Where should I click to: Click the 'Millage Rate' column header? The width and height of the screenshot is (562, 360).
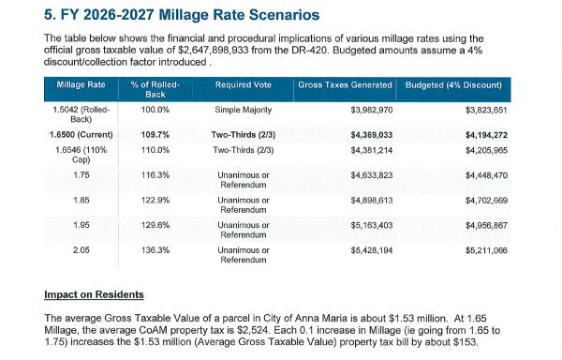[x=81, y=85]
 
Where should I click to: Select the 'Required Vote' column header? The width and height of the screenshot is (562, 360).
[x=243, y=85]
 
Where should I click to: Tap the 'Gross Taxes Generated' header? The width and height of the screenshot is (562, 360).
[x=345, y=85]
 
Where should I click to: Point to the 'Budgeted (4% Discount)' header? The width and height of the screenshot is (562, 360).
[x=453, y=85]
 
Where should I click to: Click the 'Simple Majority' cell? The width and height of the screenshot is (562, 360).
[x=243, y=110]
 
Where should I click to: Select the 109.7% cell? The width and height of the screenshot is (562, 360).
[x=155, y=135]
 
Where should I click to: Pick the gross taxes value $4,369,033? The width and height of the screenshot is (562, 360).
[x=372, y=135]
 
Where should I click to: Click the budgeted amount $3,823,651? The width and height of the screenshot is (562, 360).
[x=486, y=110]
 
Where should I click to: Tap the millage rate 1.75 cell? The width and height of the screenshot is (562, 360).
[x=81, y=175]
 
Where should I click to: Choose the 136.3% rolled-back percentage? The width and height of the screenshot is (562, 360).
[x=155, y=250]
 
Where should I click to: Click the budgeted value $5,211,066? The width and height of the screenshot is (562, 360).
[x=486, y=250]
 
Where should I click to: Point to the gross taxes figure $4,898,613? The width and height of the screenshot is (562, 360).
[x=372, y=200]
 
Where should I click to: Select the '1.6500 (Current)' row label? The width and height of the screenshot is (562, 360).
[x=81, y=135]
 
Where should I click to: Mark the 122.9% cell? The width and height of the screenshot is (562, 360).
[x=155, y=200]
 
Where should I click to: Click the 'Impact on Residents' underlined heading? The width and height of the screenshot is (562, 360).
[x=94, y=294]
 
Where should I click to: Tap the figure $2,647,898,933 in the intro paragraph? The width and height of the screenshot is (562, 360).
[x=213, y=50]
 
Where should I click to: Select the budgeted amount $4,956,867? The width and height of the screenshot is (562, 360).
[x=486, y=225]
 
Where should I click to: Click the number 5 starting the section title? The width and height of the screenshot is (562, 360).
[x=49, y=15]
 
